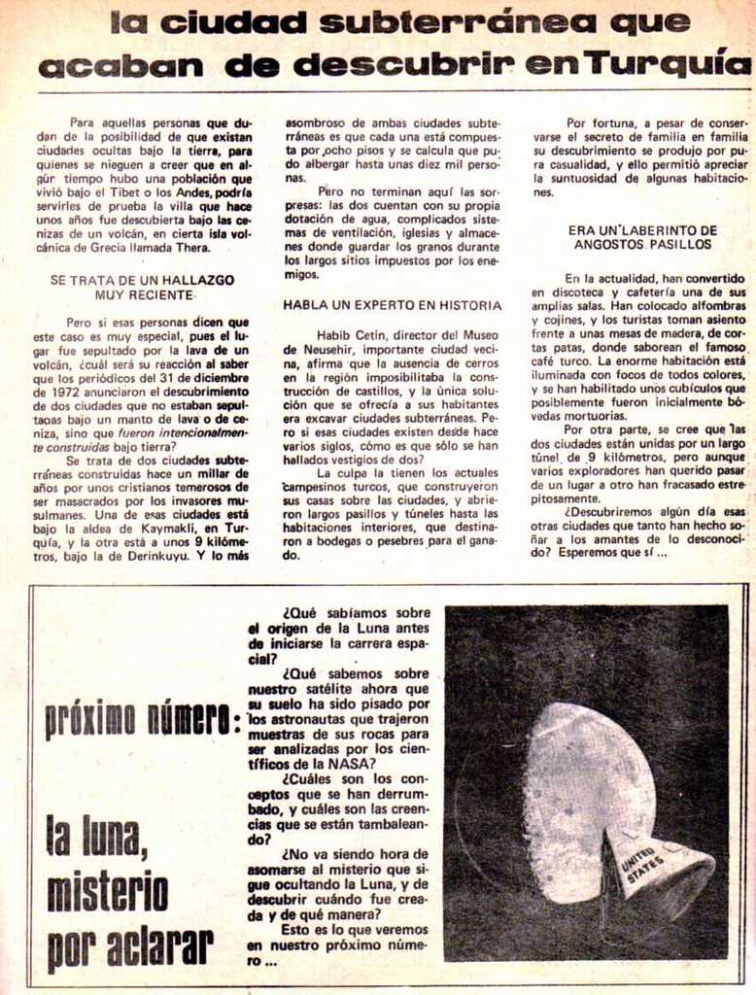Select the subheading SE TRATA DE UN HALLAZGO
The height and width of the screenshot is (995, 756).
tap(142, 279)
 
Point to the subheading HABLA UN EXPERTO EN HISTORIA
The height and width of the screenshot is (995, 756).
tap(393, 304)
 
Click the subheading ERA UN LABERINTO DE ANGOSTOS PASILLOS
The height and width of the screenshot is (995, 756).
tap(642, 237)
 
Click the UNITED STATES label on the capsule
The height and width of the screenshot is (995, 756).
tap(641, 860)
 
